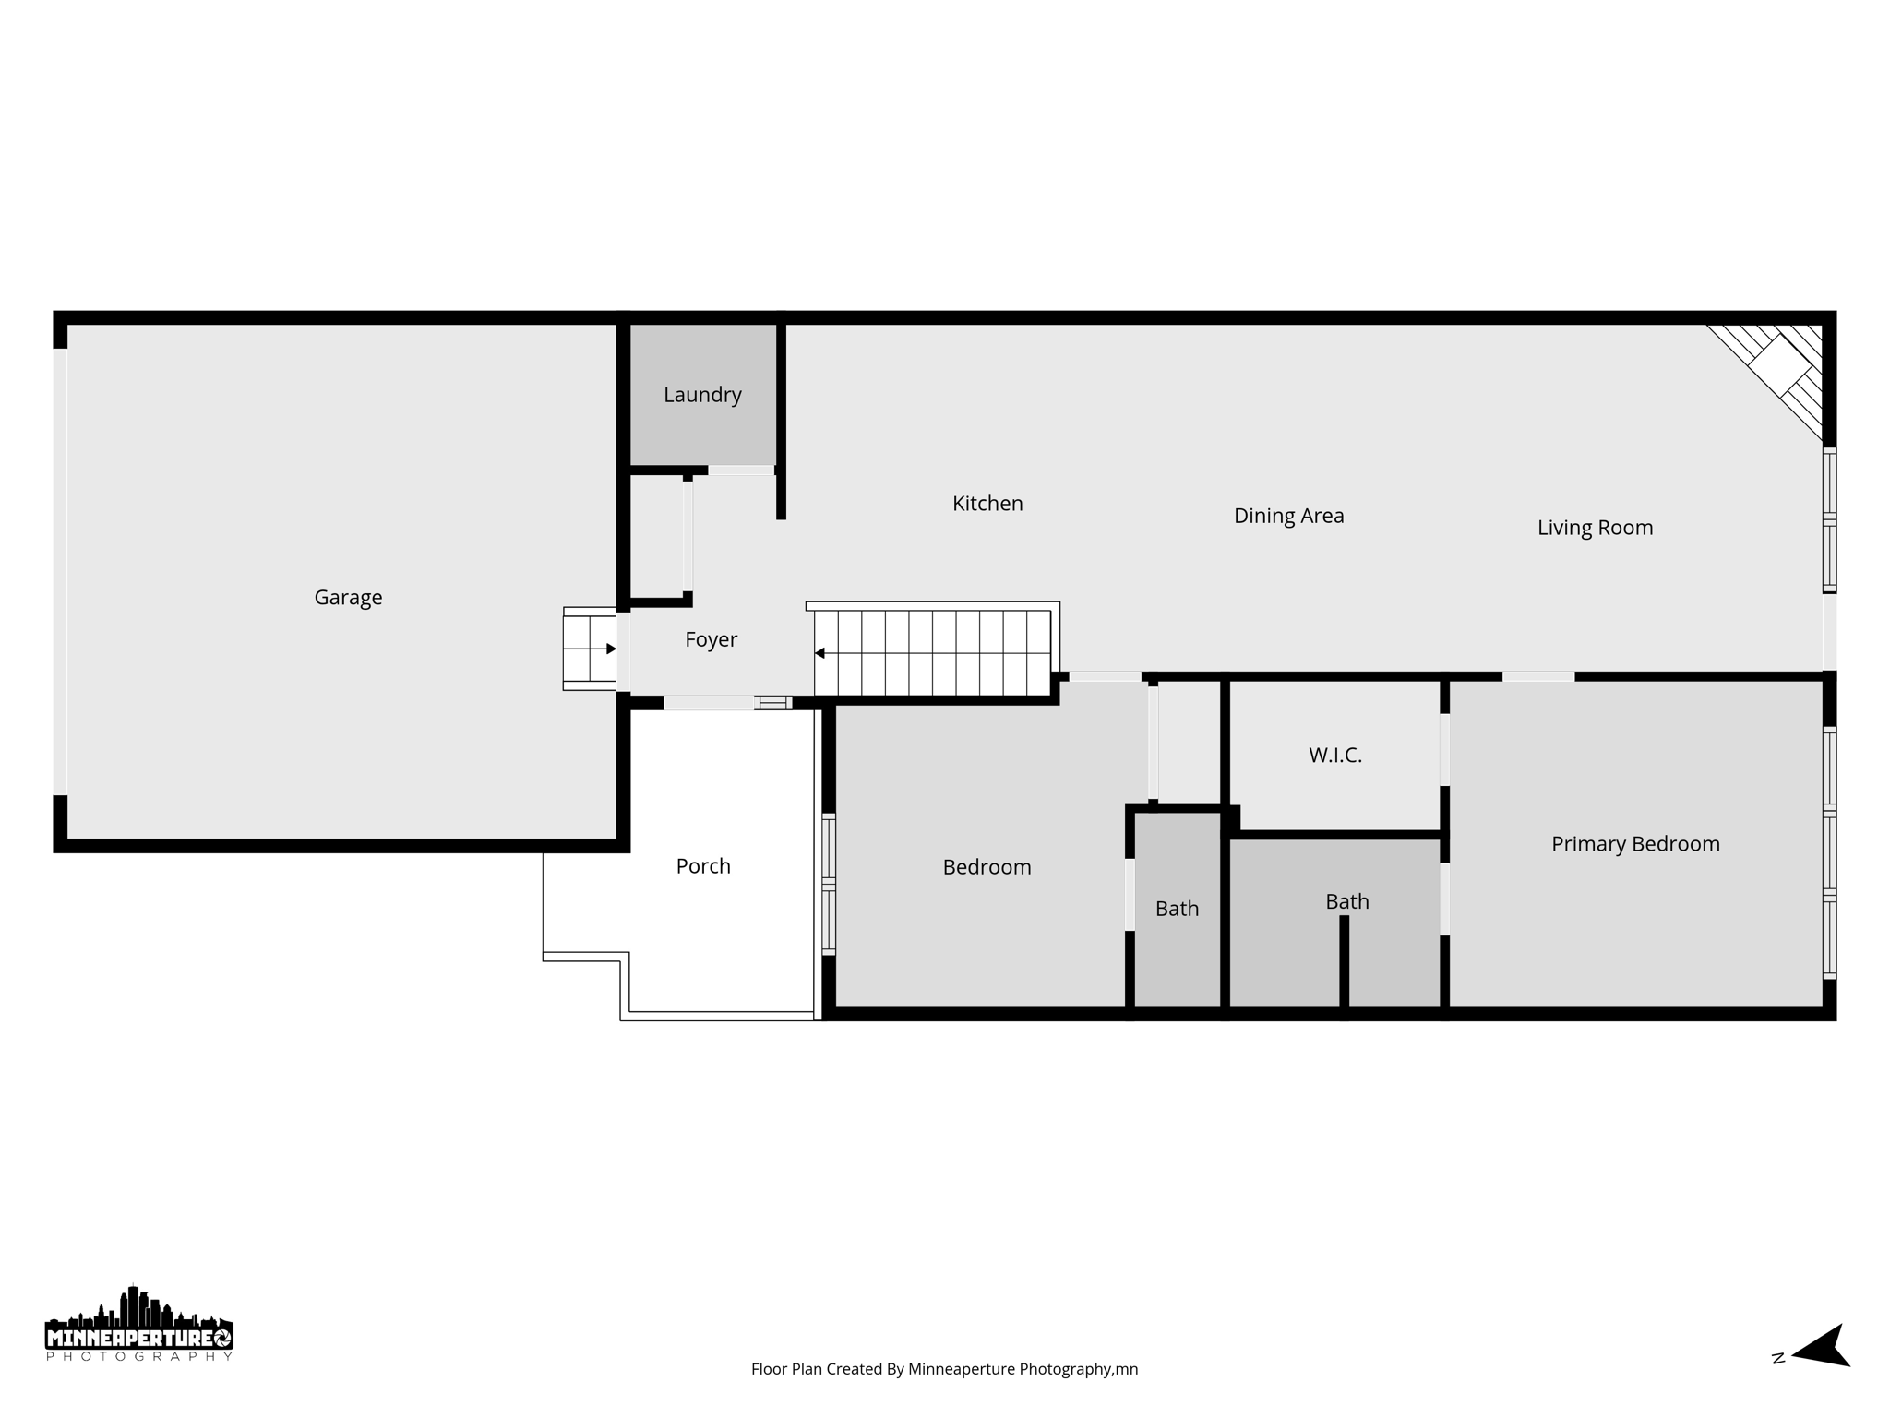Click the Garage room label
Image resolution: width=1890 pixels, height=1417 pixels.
click(x=348, y=598)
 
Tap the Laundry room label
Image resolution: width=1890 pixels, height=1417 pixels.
click(x=702, y=395)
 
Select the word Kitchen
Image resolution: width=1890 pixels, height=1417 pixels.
click(x=987, y=504)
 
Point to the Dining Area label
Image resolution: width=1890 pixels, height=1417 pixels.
click(x=1288, y=516)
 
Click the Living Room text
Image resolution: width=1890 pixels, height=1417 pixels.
click(x=1595, y=528)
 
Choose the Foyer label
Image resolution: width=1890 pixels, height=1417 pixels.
click(x=711, y=639)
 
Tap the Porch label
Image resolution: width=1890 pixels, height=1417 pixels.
click(x=703, y=866)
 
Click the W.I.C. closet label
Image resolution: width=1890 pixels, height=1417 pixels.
click(x=1334, y=756)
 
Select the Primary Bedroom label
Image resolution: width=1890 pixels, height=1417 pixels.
click(x=1635, y=844)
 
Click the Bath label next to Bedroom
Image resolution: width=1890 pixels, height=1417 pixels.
click(x=1177, y=909)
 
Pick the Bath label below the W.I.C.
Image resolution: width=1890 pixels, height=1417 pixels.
click(x=1346, y=901)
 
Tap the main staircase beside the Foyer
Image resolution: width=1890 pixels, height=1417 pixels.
click(x=932, y=652)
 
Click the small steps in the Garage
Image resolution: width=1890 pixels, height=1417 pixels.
click(x=589, y=649)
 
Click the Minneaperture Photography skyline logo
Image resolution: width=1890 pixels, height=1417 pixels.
click(x=139, y=1324)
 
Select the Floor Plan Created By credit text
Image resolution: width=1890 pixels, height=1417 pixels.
click(x=944, y=1369)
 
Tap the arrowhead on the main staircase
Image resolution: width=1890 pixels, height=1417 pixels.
click(x=819, y=653)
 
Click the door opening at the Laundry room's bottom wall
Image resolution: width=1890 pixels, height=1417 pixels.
click(x=740, y=470)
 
